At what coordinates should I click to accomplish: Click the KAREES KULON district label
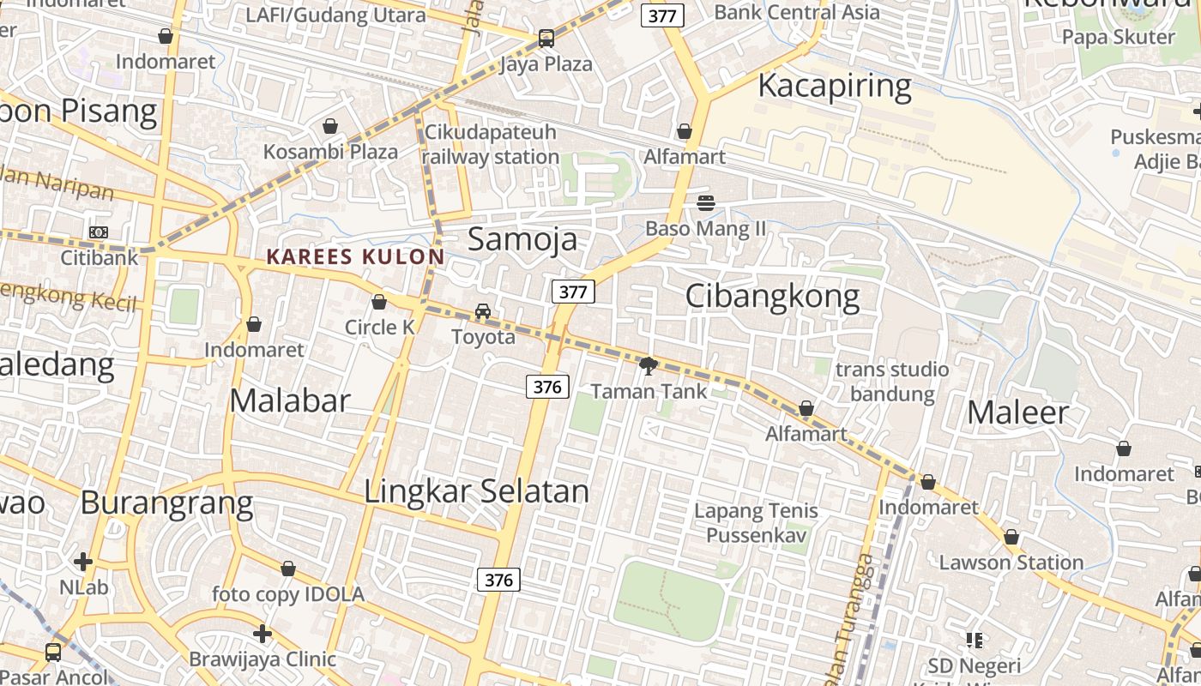pos(355,256)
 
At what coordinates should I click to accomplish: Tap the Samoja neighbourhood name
pos(522,239)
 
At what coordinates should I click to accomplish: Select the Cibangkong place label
pos(772,297)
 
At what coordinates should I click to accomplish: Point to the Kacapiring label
pos(835,86)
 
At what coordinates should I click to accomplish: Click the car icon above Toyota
pos(483,311)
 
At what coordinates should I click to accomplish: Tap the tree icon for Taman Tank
pos(649,366)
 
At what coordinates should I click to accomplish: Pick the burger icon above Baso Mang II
pos(706,203)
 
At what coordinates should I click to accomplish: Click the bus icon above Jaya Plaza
pos(546,39)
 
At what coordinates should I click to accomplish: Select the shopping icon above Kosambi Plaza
pos(330,127)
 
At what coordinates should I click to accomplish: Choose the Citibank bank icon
pos(99,232)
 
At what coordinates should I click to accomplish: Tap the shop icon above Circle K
pos(379,302)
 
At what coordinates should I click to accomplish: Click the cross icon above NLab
pos(83,562)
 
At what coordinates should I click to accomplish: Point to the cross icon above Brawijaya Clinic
pos(263,634)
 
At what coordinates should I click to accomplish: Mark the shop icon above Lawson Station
pos(1011,538)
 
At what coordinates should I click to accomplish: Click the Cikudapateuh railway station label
pos(491,145)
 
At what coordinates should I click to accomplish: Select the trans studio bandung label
pos(892,382)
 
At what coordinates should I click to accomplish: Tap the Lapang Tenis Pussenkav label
pos(756,523)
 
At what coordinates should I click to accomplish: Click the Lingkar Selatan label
pos(477,491)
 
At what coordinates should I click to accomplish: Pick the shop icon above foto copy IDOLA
pos(288,569)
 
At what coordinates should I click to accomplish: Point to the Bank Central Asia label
pos(797,12)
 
